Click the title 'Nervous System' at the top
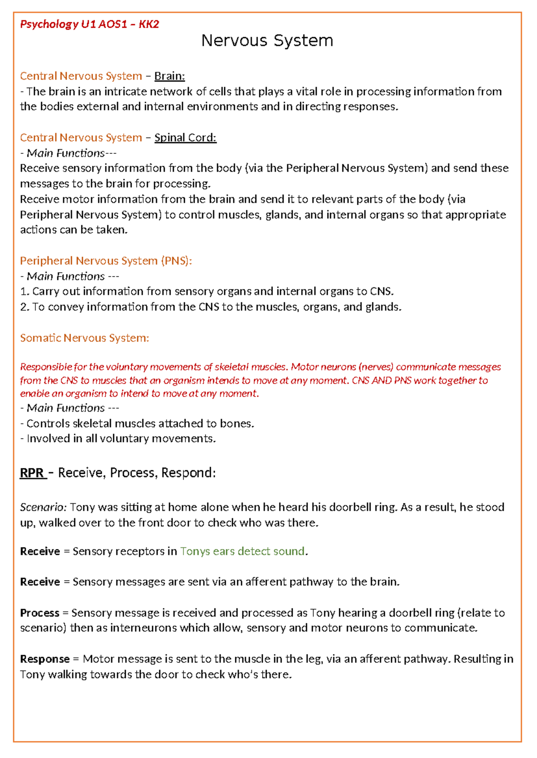click(x=267, y=41)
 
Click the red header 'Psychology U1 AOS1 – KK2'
click(x=89, y=24)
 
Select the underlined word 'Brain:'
click(x=170, y=76)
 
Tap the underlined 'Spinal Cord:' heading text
click(x=185, y=138)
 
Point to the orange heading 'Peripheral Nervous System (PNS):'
click(x=106, y=261)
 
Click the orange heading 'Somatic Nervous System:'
click(x=85, y=338)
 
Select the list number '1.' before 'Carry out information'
click(x=25, y=291)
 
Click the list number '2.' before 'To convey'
click(x=25, y=307)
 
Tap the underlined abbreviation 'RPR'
click(x=32, y=473)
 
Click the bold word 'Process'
click(x=40, y=613)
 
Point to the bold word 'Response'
click(x=45, y=659)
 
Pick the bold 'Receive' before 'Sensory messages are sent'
click(x=40, y=582)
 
